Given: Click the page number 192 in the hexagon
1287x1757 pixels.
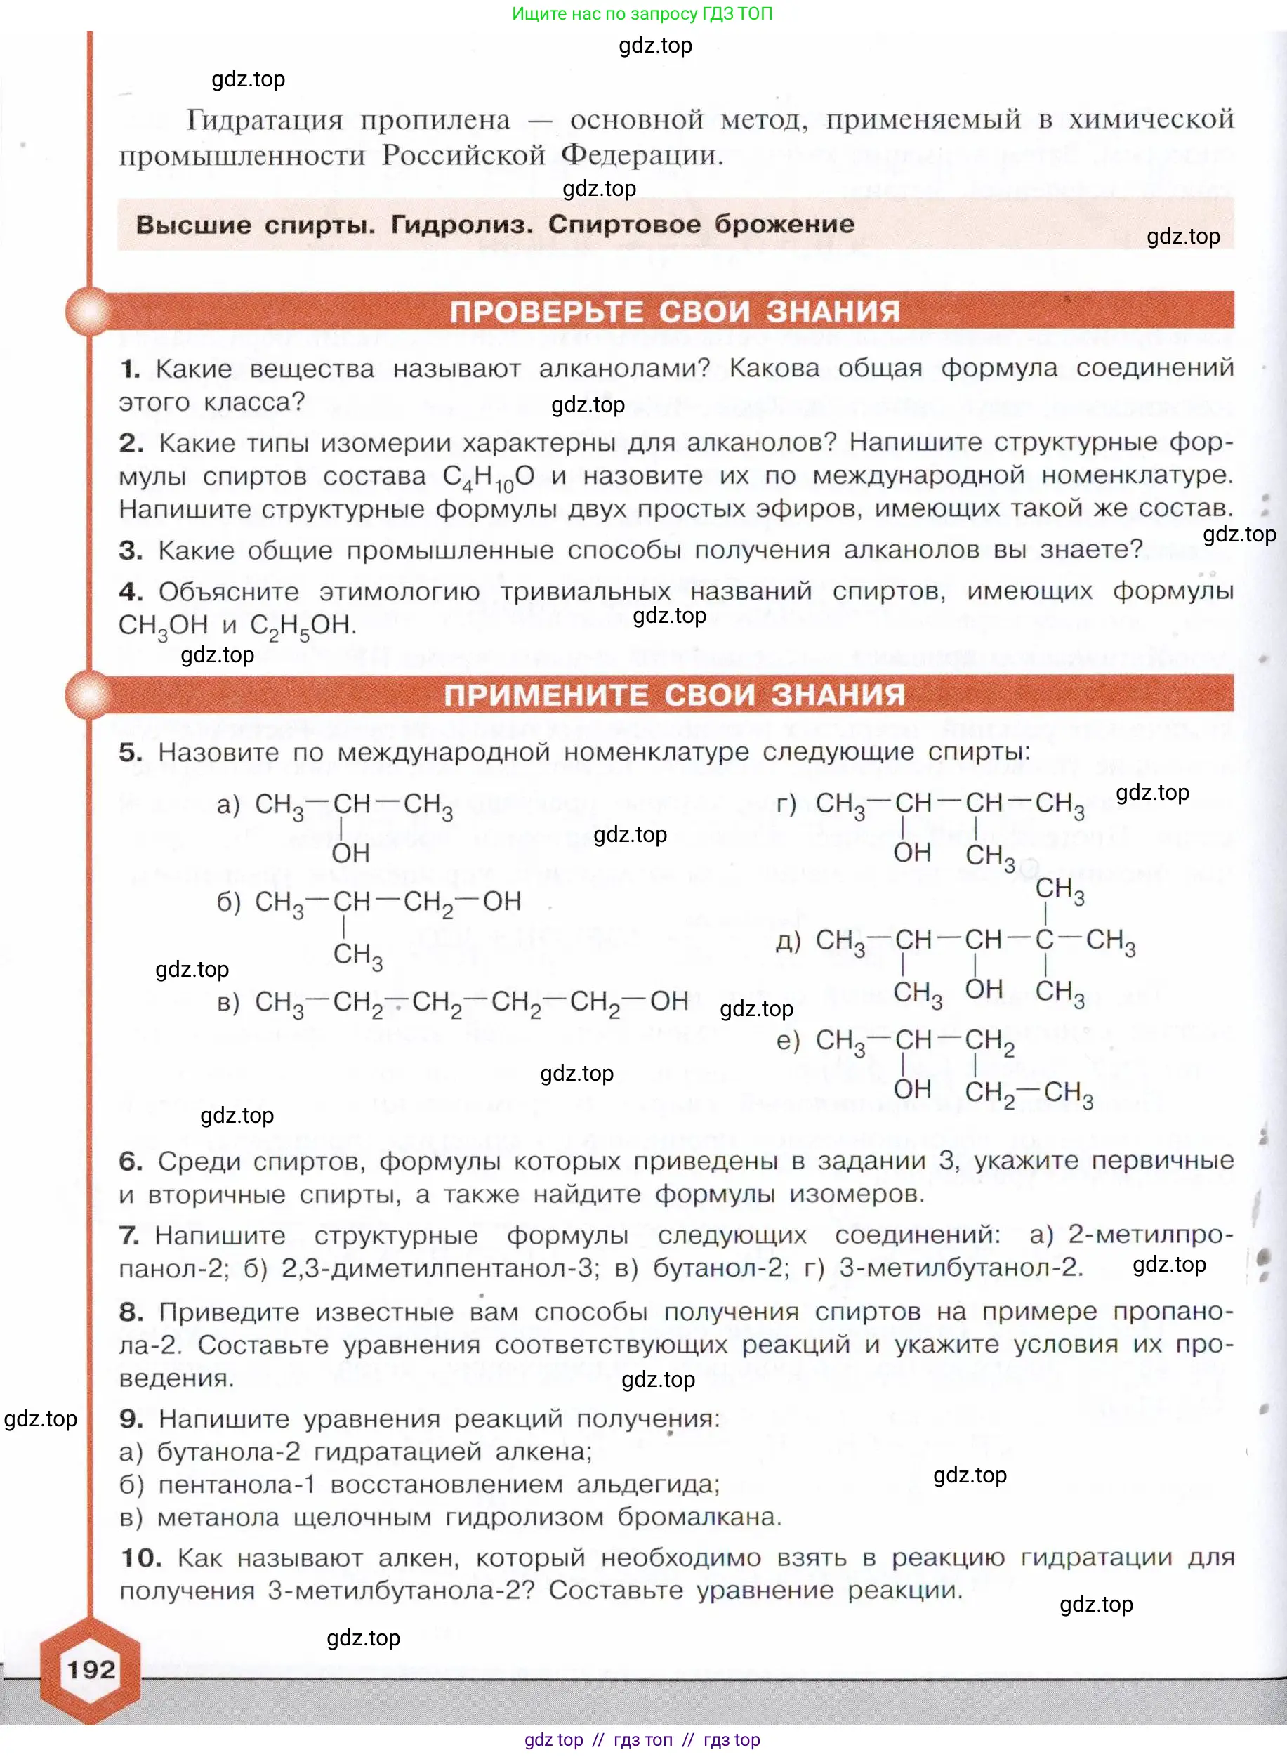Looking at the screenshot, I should pos(91,1669).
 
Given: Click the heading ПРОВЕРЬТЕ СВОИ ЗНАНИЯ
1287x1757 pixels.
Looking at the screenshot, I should pos(675,312).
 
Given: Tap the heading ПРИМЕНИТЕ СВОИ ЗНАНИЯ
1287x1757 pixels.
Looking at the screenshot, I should pos(675,695).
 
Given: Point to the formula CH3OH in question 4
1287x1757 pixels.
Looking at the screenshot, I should pos(163,625).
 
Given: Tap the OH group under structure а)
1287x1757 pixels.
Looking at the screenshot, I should pos(350,853).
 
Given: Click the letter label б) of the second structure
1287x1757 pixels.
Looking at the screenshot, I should pos(228,902).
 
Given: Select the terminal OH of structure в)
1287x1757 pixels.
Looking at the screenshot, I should pos(668,1001).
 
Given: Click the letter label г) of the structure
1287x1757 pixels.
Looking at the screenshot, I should pos(786,803).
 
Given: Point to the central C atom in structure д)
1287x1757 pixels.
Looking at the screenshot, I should pos(1044,940).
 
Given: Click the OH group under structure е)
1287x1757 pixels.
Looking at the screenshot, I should pos(911,1088).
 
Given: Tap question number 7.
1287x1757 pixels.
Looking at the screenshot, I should pos(128,1235).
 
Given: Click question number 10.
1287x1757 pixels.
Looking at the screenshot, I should pos(141,1558).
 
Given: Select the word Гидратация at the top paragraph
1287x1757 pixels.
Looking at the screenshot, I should pos(264,121).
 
